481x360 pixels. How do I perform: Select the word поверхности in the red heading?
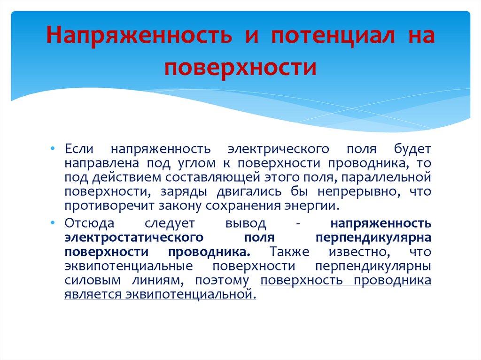click(240, 67)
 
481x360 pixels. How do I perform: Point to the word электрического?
click(278, 149)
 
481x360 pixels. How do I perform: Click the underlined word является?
click(93, 295)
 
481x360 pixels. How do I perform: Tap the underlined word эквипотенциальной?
click(190, 295)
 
